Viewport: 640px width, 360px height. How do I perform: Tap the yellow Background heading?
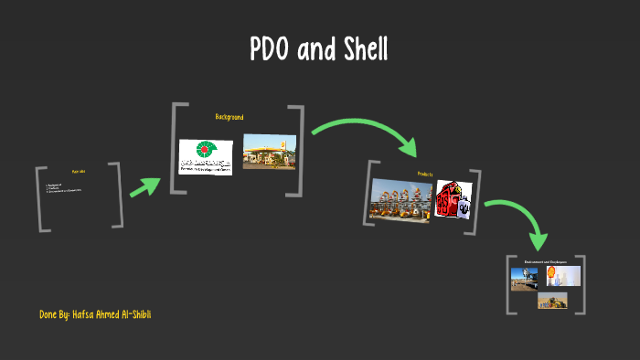point(229,117)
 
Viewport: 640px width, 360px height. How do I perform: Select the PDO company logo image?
point(206,156)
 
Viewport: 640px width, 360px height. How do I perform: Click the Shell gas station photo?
point(270,152)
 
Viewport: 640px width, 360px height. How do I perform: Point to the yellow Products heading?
point(424,174)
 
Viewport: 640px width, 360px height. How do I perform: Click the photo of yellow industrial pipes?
point(401,199)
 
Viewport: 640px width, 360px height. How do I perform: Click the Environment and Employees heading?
point(546,262)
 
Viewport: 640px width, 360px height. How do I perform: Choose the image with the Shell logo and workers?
point(563,276)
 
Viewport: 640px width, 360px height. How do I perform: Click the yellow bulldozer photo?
point(552,300)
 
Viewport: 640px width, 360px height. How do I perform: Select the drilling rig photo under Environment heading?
point(528,278)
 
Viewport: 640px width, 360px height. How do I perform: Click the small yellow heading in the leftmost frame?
point(79,172)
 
